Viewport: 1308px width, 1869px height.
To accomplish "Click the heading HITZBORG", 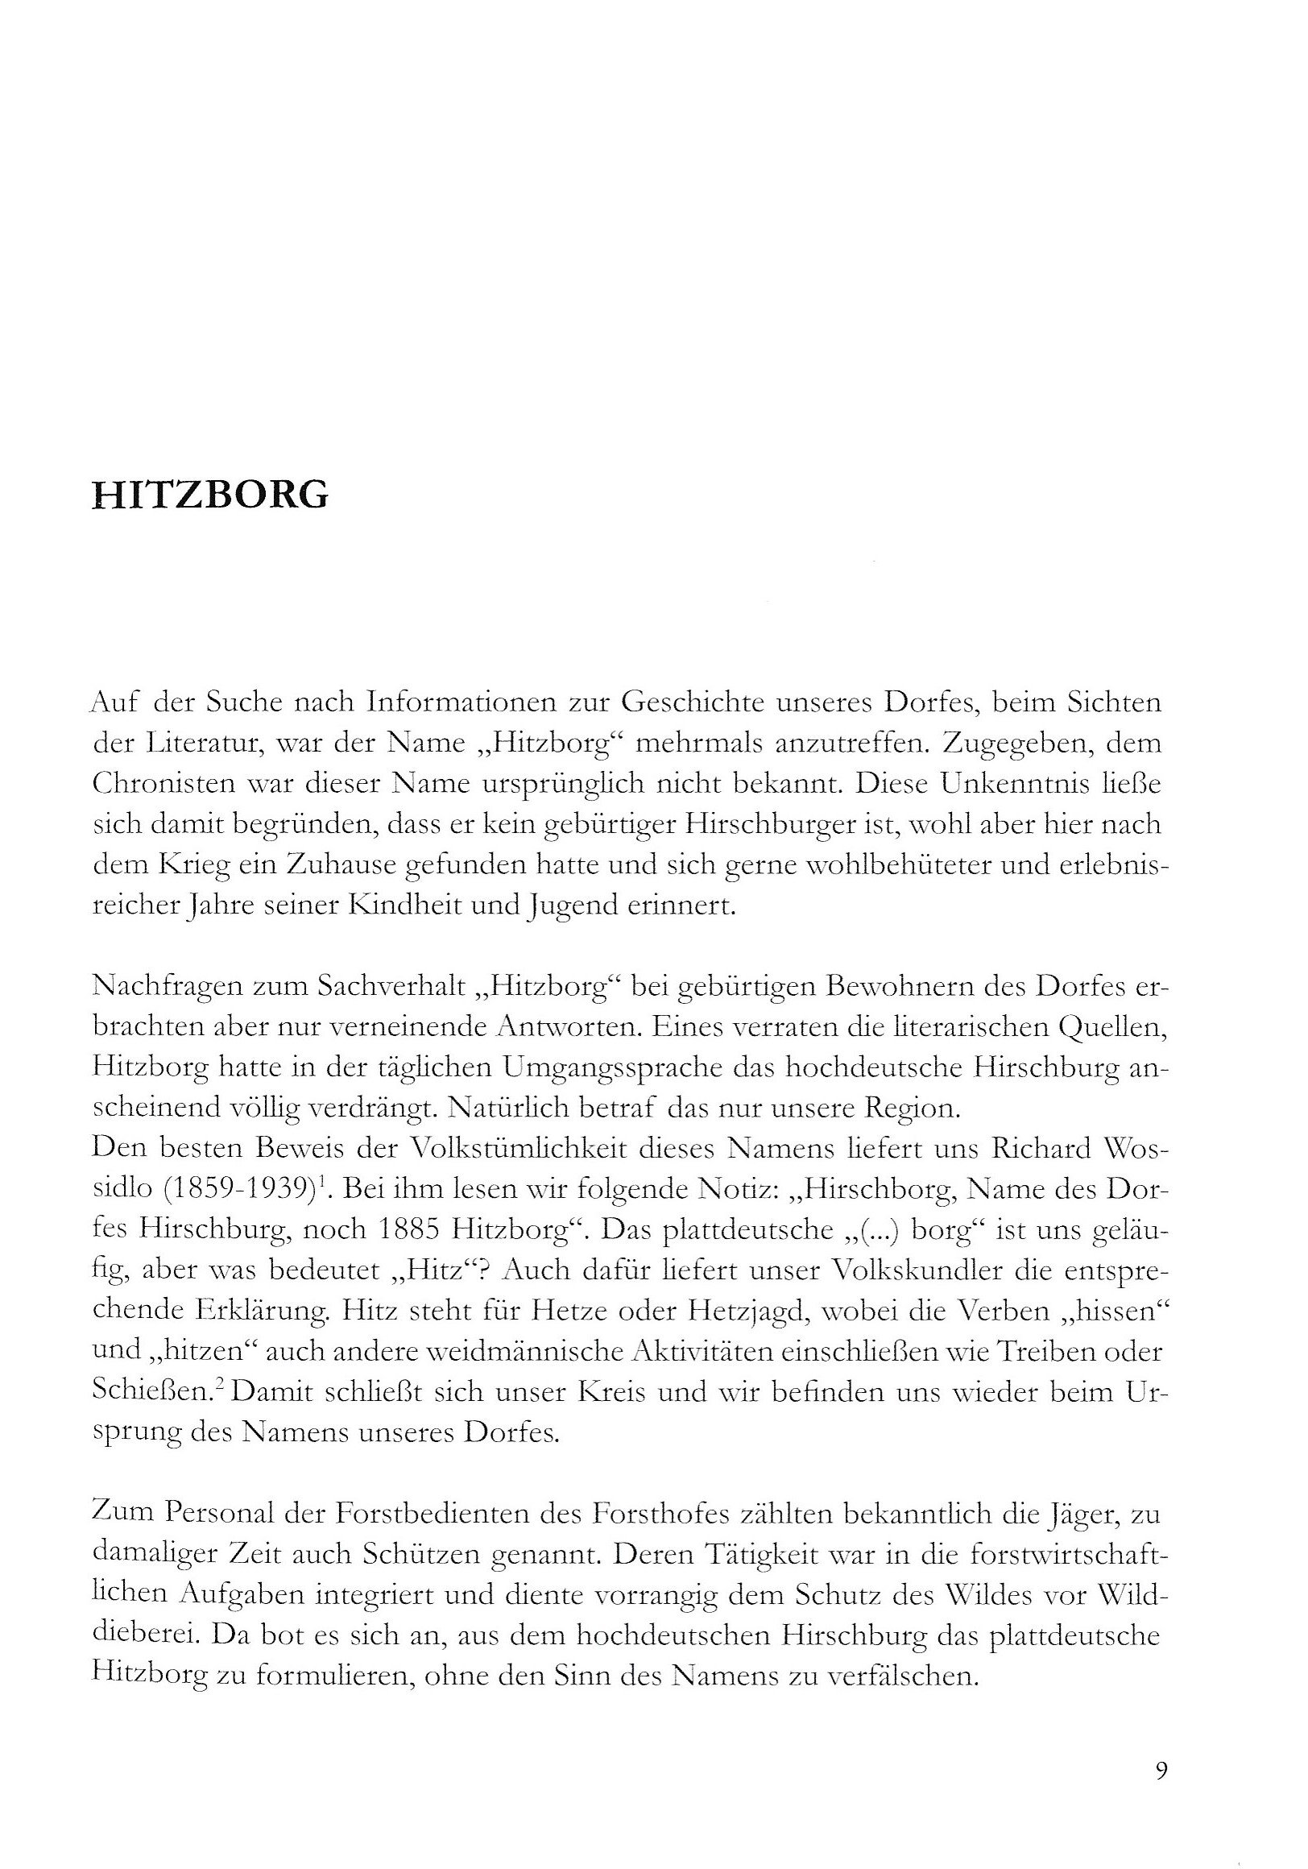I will (x=211, y=495).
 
